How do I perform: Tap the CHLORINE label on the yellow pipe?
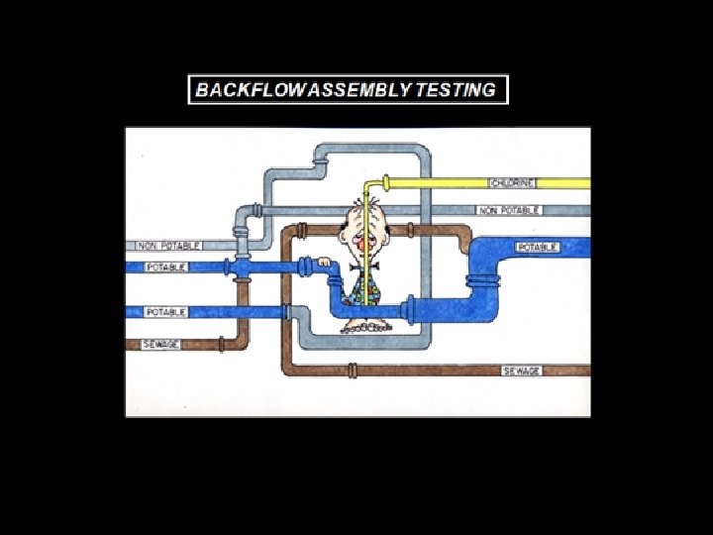[x=512, y=183]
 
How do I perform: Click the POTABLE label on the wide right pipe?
[x=537, y=247]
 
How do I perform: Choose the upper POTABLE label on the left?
[x=166, y=267]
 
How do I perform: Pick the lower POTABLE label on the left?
[x=166, y=312]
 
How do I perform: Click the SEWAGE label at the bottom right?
[x=522, y=371]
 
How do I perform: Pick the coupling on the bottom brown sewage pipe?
[x=352, y=371]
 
